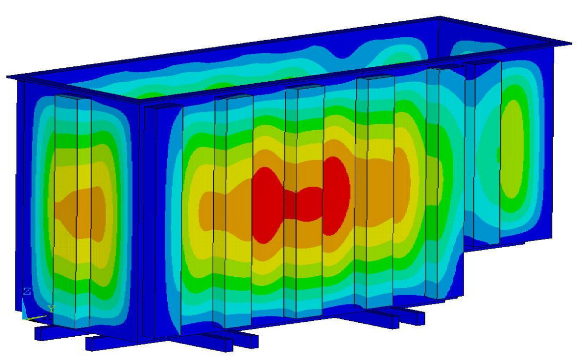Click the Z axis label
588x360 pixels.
point(27,291)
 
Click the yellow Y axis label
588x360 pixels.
point(52,309)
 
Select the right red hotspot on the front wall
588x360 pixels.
point(336,196)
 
